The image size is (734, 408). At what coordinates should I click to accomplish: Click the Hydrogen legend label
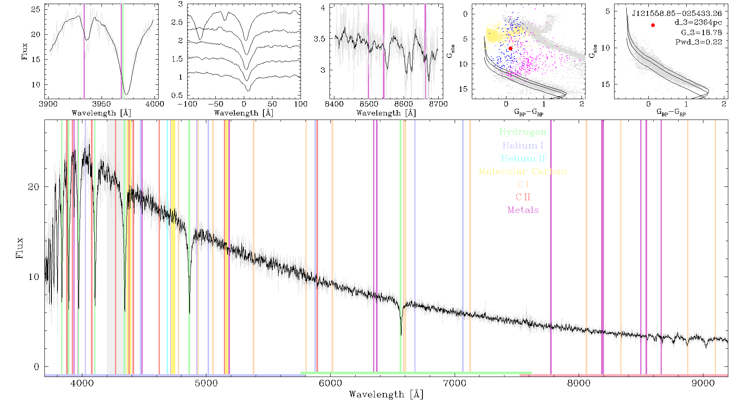click(523, 132)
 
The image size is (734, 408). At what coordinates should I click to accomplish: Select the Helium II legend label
click(523, 158)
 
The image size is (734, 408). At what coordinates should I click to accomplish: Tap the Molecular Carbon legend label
click(523, 171)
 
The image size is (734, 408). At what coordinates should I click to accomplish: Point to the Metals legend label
click(523, 210)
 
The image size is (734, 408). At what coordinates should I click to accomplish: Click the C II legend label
click(523, 197)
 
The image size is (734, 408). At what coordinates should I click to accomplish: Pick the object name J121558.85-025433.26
click(677, 13)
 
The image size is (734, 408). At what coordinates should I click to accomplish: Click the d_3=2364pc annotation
click(698, 23)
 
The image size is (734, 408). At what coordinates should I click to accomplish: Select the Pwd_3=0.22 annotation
click(699, 42)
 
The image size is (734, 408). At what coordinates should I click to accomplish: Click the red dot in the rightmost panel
click(653, 25)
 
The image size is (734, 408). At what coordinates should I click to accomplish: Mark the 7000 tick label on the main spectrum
click(455, 384)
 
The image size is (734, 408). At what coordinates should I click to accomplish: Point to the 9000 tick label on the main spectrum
click(703, 384)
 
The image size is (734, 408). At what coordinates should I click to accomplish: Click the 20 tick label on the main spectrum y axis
click(34, 187)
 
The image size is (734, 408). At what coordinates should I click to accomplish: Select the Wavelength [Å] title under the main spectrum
click(386, 395)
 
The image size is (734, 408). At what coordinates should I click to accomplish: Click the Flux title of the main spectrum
click(19, 248)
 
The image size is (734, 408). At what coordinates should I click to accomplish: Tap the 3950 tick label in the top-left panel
click(102, 104)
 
